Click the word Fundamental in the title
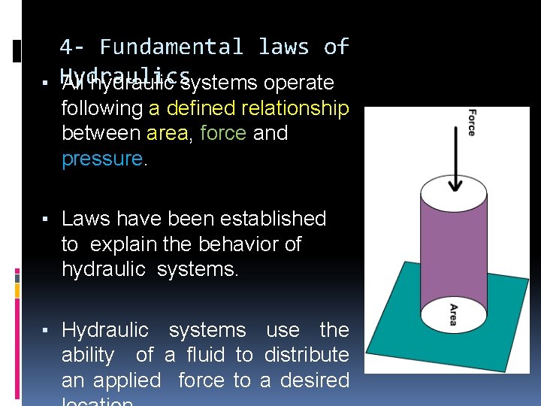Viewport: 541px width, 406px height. (x=171, y=47)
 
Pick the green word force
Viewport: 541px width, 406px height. (x=223, y=134)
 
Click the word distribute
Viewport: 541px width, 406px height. (x=302, y=355)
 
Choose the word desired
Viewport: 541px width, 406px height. (x=314, y=380)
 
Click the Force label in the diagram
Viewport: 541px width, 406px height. (x=471, y=123)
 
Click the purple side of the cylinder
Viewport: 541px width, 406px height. (x=452, y=248)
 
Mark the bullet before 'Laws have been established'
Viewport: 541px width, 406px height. (x=46, y=220)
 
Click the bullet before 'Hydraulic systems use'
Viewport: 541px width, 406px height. (x=46, y=331)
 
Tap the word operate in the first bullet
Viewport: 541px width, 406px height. (x=296, y=83)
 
